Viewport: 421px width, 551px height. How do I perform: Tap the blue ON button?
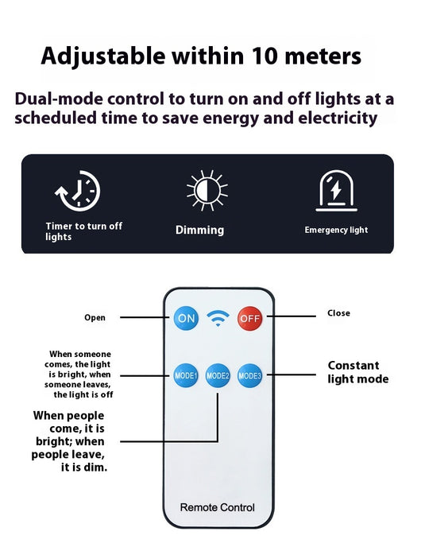186,318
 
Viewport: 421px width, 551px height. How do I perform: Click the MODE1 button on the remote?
186,375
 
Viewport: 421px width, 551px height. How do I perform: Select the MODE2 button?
218,375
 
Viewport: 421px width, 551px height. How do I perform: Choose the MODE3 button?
249,375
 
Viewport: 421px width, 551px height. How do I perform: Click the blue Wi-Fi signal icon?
218,318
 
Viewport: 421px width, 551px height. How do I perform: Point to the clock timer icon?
78,191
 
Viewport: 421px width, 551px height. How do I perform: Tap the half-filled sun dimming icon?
207,191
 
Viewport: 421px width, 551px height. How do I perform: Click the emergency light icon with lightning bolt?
336,191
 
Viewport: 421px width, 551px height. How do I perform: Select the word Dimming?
200,230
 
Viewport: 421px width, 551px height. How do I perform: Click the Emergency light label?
336,230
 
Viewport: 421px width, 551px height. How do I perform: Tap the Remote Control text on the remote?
218,507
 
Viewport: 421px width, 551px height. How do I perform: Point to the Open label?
95,318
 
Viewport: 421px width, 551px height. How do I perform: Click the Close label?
339,312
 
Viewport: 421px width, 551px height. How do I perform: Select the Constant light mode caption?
358,372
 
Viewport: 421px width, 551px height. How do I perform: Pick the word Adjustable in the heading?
103,57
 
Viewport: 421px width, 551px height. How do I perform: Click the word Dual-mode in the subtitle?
59,99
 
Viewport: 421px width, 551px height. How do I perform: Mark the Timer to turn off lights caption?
84,231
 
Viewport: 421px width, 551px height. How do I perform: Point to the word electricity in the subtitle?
338,118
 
